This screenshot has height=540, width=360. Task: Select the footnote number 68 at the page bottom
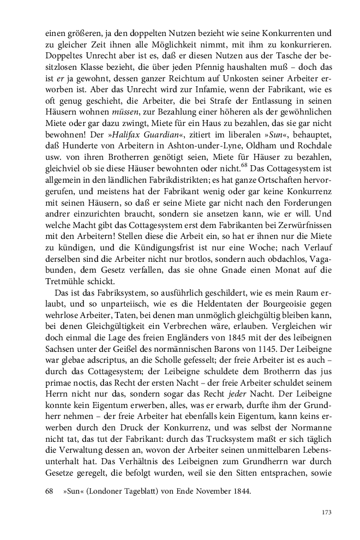[x=49, y=476]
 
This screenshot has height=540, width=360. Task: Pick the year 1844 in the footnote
[x=241, y=476]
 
